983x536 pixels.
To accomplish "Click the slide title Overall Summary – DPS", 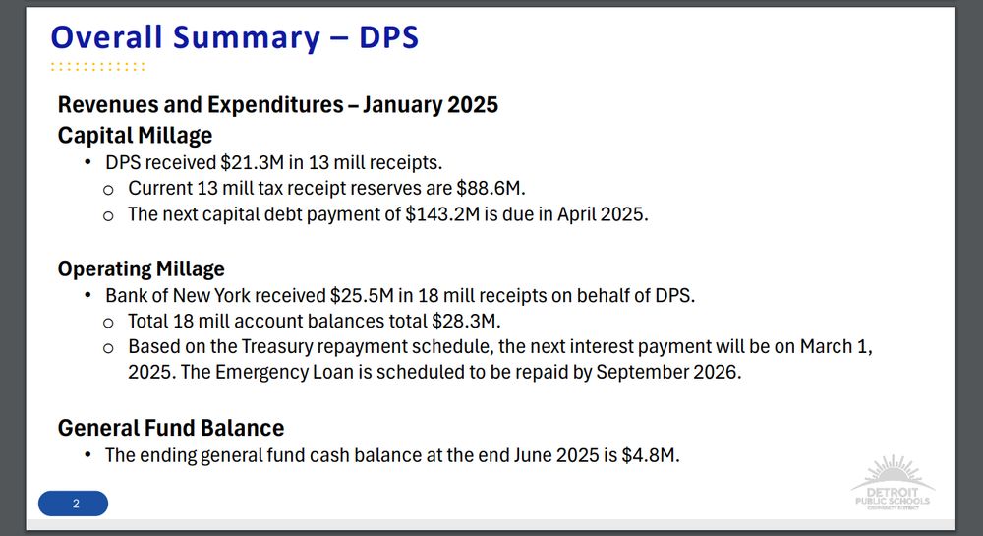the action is tap(235, 37).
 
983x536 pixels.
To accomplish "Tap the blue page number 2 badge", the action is tap(74, 504).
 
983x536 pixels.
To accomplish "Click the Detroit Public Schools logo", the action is tap(893, 483).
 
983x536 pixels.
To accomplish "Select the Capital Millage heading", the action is tap(135, 136).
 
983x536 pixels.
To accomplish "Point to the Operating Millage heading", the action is tap(141, 268).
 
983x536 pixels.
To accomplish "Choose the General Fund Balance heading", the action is tap(171, 428).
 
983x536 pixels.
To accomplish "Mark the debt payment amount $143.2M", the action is tap(442, 214).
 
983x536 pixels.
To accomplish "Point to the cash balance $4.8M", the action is tap(650, 455).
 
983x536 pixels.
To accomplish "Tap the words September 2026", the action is tap(668, 373).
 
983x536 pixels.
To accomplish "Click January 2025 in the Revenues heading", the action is tap(431, 104).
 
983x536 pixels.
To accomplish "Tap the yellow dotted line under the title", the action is tap(97, 66).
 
